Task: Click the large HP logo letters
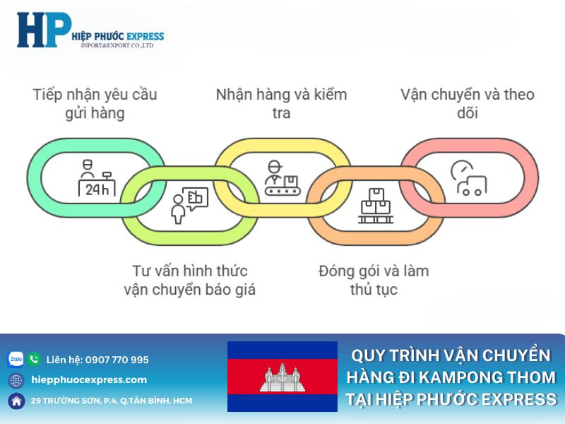coord(42,30)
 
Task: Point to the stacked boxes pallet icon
coord(375,206)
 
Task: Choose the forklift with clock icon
coord(468,178)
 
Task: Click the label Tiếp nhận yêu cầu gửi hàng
coord(95,103)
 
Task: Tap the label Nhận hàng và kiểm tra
coord(281,103)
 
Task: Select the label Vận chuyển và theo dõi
coord(468,103)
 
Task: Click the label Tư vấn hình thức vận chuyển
coord(189,280)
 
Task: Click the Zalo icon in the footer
coord(16,359)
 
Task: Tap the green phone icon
coord(34,359)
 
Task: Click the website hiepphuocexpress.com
coord(89,379)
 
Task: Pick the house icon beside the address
coord(16,401)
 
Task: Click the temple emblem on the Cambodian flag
coord(282,377)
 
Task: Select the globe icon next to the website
coord(16,380)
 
